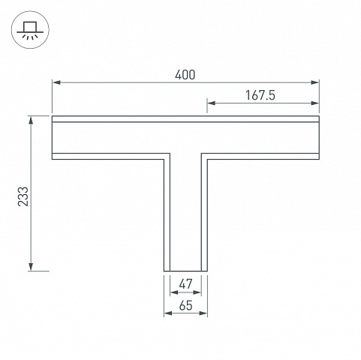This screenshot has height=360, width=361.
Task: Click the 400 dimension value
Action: (185, 75)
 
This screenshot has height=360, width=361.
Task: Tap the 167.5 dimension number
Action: (260, 95)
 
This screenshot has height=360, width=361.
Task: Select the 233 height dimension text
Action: (23, 196)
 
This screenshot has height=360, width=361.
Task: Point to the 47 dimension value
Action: (185, 284)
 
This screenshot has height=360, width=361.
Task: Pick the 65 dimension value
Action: (185, 305)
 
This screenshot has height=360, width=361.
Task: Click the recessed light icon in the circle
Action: (30, 30)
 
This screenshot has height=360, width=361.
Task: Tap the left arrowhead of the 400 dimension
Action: (56, 82)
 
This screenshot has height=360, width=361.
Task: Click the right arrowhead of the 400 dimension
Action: (314, 82)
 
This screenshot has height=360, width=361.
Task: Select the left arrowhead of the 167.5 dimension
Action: (212, 103)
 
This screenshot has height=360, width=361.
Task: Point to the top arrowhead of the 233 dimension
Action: (31, 121)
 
